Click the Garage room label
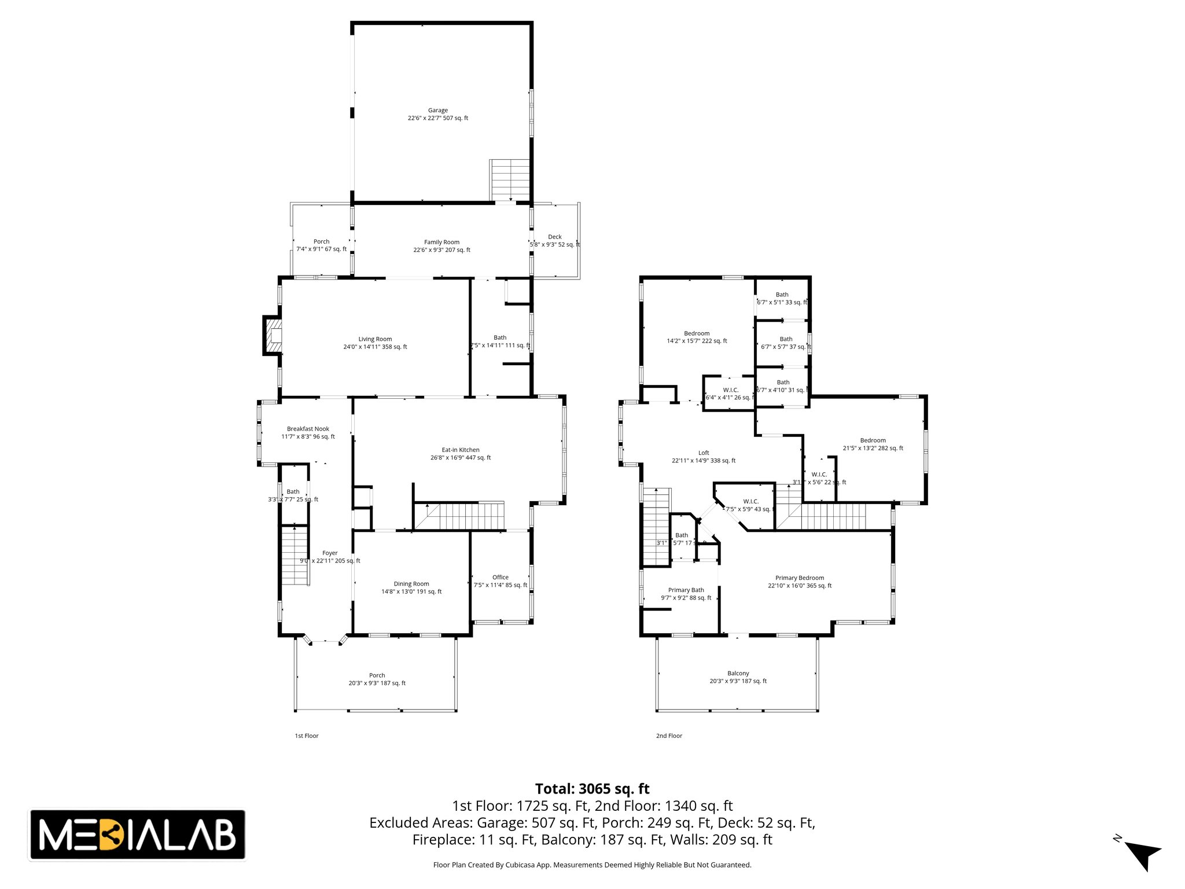click(438, 111)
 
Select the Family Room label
click(441, 243)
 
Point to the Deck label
click(554, 237)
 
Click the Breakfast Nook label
click(308, 429)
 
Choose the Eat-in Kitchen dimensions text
click(461, 458)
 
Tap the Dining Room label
click(411, 584)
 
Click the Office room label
click(501, 577)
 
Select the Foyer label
click(330, 553)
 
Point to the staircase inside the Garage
click(510, 180)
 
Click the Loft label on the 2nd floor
click(704, 453)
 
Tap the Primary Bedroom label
click(800, 578)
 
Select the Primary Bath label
click(686, 590)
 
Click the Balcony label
click(738, 674)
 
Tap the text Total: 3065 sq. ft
click(592, 789)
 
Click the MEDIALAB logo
click(137, 835)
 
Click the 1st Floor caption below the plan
click(307, 736)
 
